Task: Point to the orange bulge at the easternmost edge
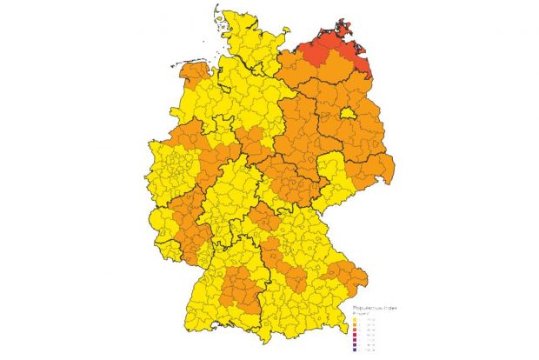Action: tap(383, 170)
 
